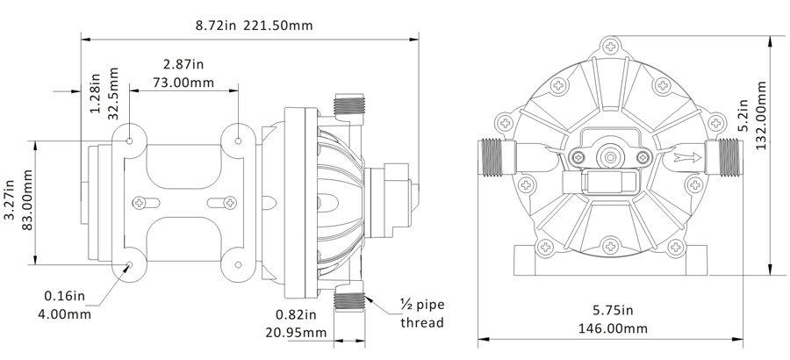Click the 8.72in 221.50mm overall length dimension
tap(254, 25)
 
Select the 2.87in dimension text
tap(183, 65)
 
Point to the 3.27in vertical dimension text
tap(11, 204)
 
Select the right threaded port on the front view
tap(725, 158)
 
